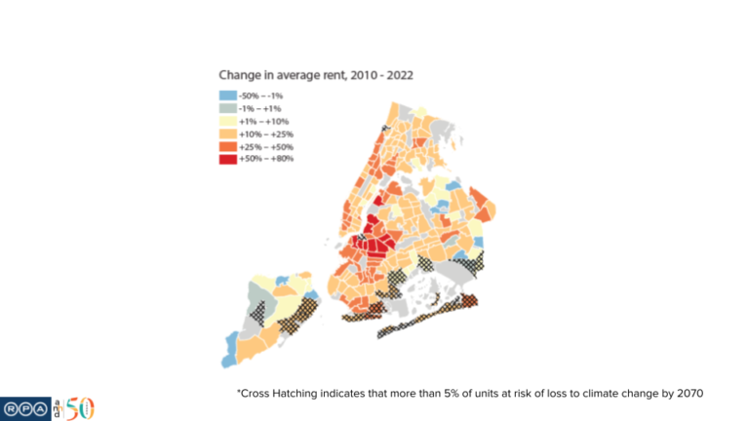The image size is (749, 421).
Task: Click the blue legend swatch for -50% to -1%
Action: pos(227,96)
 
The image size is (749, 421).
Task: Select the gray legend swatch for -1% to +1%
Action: pos(227,108)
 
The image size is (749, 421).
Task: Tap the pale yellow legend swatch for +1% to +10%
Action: pos(227,121)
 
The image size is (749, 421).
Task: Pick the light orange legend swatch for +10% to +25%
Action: pos(227,134)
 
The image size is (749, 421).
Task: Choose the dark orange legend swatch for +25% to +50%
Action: pos(227,146)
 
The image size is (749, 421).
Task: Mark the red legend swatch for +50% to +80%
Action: pos(227,159)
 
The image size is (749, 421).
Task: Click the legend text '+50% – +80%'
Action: pos(265,159)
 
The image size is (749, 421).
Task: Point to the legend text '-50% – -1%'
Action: pos(261,96)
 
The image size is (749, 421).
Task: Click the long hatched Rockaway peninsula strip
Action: pos(429,314)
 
